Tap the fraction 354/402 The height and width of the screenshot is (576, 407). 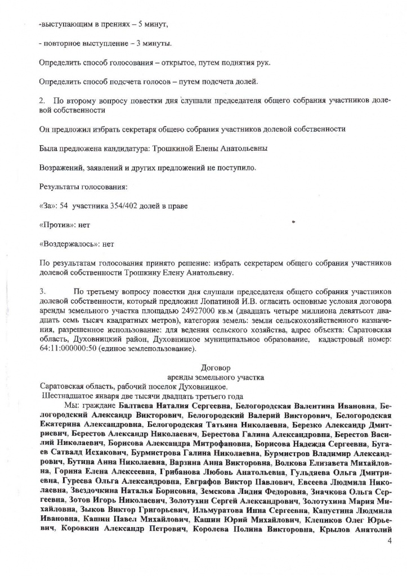[x=118, y=206]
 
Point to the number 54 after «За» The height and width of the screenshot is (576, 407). [x=65, y=206]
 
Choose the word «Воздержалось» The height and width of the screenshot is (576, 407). [x=67, y=245]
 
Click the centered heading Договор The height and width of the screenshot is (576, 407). [x=216, y=367]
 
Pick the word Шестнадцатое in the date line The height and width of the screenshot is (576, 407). [x=68, y=395]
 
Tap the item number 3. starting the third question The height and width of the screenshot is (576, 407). [x=43, y=292]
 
